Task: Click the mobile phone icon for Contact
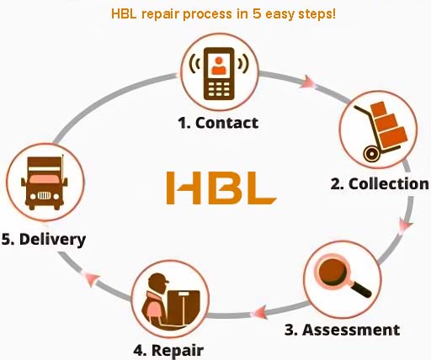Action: click(219, 73)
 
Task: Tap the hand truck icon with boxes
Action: click(380, 132)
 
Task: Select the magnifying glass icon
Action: click(343, 277)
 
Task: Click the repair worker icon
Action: click(171, 299)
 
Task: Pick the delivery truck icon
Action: click(45, 183)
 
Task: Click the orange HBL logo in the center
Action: click(221, 188)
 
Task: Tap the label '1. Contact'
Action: click(218, 123)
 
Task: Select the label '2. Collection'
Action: click(380, 184)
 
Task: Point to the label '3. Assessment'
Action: click(342, 330)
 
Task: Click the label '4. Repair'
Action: click(168, 350)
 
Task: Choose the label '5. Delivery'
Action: click(44, 240)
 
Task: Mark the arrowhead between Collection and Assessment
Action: click(406, 225)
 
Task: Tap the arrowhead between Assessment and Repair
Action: click(258, 312)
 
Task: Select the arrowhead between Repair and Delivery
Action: click(90, 278)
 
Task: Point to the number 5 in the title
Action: click(257, 13)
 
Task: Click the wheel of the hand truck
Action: click(371, 154)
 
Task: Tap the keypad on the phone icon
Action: click(219, 89)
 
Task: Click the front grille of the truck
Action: click(44, 195)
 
